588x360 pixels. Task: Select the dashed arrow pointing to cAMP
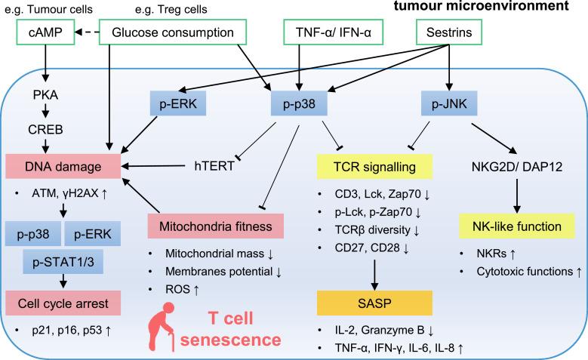pos(81,33)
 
